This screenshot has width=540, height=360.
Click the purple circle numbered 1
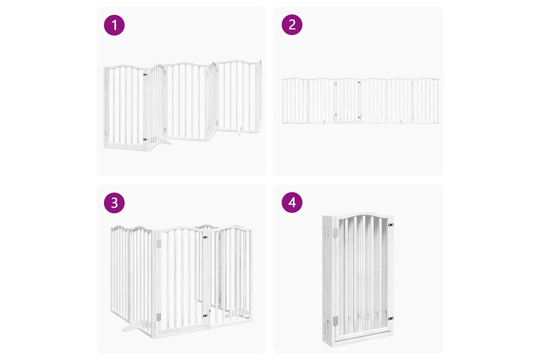114,25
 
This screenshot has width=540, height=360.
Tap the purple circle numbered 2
292,24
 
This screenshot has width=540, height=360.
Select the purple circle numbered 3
114,203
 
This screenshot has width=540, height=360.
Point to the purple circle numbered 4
292,202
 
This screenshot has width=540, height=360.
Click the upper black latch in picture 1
145,75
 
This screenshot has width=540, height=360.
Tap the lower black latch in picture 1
145,139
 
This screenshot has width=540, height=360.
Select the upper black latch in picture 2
359,82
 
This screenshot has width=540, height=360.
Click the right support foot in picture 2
402,122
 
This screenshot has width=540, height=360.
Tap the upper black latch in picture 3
205,237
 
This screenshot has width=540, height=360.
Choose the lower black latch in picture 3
205,316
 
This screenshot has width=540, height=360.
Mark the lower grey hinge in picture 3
159,317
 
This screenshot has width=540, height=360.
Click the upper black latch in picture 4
391,225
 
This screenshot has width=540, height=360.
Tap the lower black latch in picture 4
391,319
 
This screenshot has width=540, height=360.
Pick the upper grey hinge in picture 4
336,232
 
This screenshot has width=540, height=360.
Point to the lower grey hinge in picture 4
336,321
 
